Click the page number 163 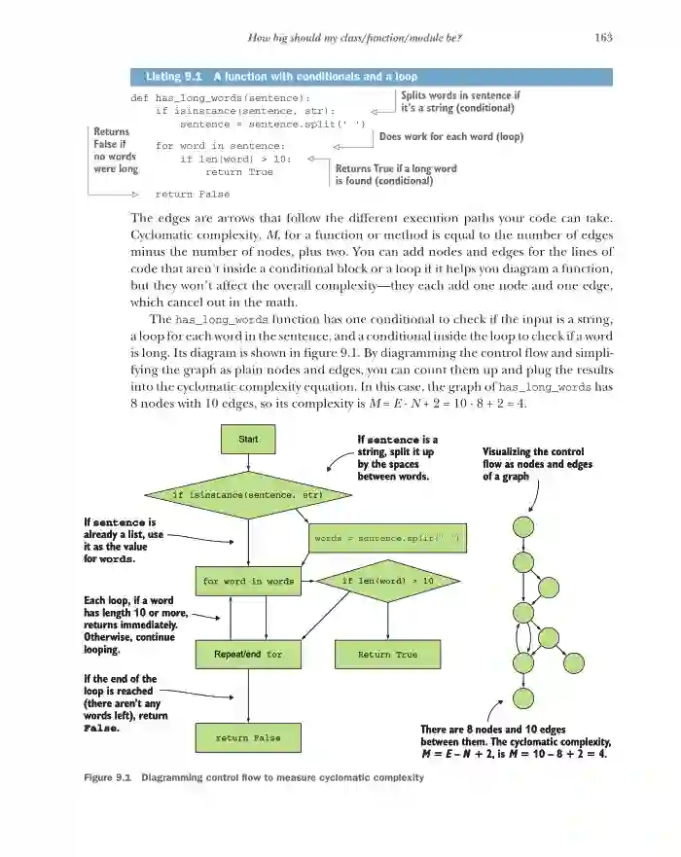602,38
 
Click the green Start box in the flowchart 248,439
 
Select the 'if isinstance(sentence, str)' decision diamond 247,494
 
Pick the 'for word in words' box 248,581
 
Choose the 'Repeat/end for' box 248,655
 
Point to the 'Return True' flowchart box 387,655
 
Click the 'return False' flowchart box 248,737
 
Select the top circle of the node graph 524,526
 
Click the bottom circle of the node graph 524,698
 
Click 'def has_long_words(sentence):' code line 219,98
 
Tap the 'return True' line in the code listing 239,171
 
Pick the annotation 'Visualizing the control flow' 537,464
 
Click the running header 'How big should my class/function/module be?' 354,38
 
